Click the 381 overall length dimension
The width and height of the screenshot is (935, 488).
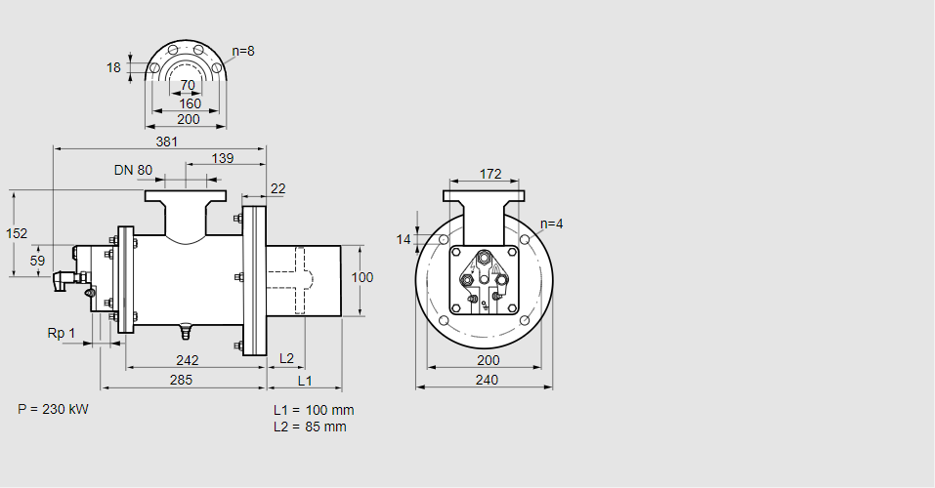click(x=168, y=141)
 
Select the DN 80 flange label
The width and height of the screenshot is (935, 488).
click(x=133, y=170)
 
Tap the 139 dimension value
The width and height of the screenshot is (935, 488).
click(x=223, y=158)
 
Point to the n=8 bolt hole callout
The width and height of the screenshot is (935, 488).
click(x=243, y=51)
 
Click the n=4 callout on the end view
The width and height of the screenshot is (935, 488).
click(x=552, y=224)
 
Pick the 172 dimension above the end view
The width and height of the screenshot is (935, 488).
click(x=490, y=174)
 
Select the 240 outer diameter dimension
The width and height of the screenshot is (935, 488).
click(x=486, y=380)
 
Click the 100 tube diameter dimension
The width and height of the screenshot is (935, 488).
click(x=362, y=277)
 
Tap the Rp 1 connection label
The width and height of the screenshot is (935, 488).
click(x=62, y=334)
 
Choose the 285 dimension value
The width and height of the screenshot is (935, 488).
click(x=180, y=379)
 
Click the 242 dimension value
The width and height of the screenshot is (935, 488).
click(x=188, y=359)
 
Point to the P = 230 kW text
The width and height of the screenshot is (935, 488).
click(x=53, y=409)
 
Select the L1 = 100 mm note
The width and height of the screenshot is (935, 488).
click(x=314, y=410)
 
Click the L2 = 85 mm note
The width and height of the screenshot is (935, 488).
click(x=310, y=427)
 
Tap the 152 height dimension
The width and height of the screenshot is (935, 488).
click(x=16, y=233)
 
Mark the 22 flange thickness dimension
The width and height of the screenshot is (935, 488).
click(x=277, y=188)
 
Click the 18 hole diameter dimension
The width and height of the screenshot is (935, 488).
click(x=113, y=67)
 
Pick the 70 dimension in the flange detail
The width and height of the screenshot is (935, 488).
click(x=188, y=86)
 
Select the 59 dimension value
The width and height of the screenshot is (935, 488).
click(x=37, y=261)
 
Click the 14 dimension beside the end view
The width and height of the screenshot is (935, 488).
click(x=404, y=239)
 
